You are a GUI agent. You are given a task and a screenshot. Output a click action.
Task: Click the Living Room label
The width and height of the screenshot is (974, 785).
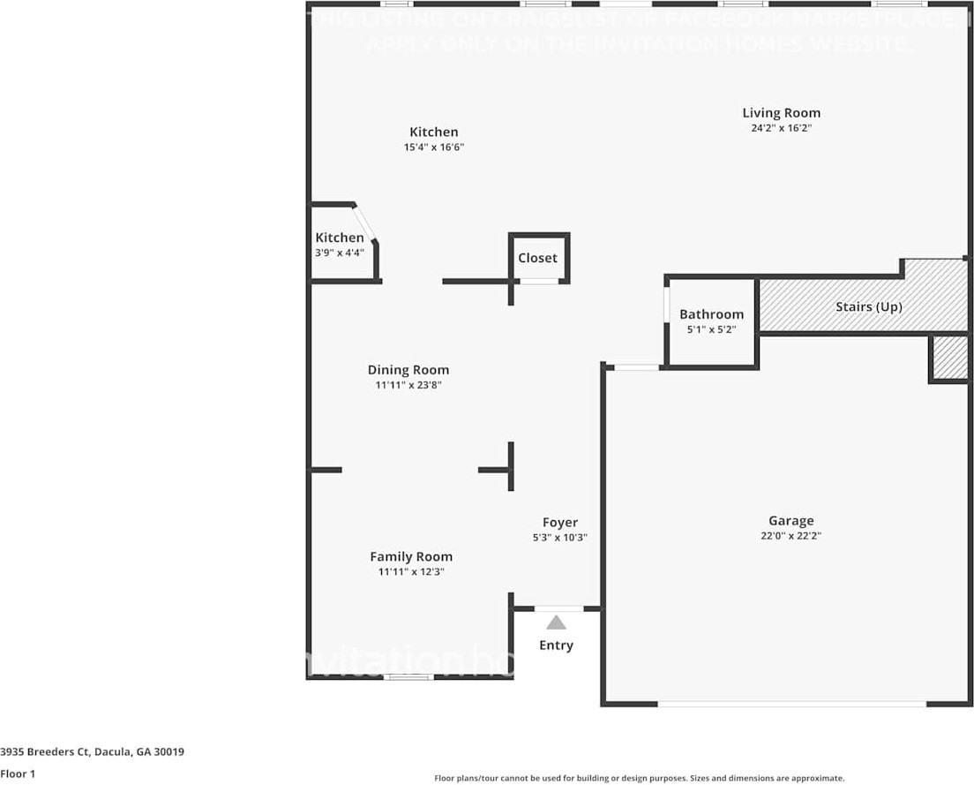[781, 112]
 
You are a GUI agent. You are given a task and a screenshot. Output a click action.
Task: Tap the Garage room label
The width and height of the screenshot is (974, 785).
[790, 521]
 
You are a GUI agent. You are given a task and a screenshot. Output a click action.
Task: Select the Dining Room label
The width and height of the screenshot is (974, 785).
[408, 370]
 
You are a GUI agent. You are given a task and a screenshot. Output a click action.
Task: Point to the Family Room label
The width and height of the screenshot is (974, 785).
[410, 556]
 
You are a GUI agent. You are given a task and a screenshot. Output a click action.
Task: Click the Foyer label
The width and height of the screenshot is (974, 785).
[559, 522]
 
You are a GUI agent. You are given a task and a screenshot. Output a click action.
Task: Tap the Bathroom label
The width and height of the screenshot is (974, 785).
[711, 314]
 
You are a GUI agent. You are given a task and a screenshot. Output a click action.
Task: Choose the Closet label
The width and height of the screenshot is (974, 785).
[537, 258]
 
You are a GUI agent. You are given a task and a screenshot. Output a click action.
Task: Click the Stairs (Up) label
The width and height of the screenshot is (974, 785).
[868, 307]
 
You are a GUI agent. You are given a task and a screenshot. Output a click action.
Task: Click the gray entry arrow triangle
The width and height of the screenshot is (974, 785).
[556, 623]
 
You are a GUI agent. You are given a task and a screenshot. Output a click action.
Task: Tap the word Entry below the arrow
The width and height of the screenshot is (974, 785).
[556, 645]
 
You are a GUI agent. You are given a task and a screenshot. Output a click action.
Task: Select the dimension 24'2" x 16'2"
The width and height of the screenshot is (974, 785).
[781, 128]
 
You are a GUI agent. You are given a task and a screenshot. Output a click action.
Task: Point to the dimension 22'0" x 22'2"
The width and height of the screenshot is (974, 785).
[790, 536]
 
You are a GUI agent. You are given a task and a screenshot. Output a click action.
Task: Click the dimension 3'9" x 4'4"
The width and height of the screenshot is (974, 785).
[340, 253]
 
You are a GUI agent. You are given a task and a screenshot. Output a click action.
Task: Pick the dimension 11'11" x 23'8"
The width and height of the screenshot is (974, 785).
[408, 385]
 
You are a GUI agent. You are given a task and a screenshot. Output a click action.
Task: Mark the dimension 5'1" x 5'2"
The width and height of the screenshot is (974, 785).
[711, 329]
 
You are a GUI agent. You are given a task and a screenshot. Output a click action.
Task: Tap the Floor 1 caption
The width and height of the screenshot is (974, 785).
[18, 774]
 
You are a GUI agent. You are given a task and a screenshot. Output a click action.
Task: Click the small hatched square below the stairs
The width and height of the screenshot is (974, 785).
[949, 357]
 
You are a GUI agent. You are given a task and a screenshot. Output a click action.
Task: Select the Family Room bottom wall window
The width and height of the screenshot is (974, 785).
[408, 677]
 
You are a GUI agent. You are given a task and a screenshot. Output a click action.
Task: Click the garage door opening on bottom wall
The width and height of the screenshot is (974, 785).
[791, 704]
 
